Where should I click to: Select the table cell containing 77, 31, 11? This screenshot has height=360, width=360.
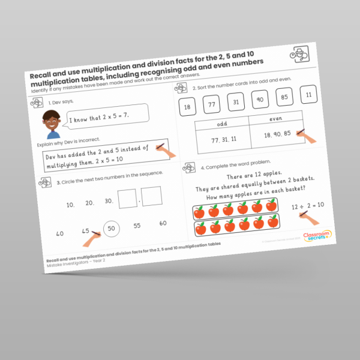click(223, 140)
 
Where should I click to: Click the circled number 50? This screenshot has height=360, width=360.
click(111, 228)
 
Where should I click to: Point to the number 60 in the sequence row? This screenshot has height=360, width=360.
click(163, 223)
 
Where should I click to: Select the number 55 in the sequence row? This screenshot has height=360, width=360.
click(137, 226)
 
